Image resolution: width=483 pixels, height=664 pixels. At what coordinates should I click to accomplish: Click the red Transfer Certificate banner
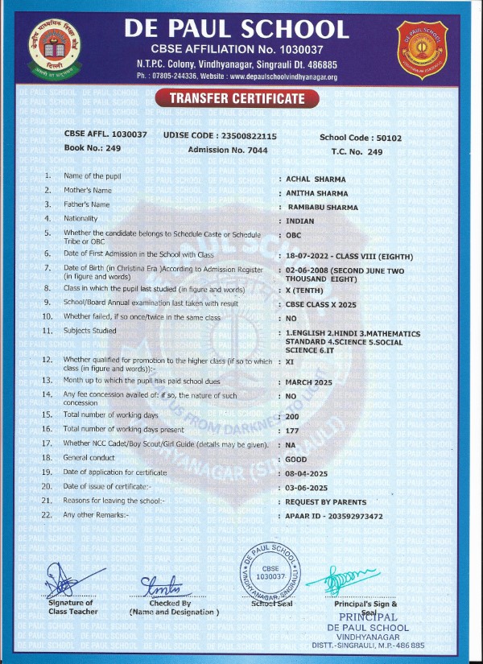click(237, 99)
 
